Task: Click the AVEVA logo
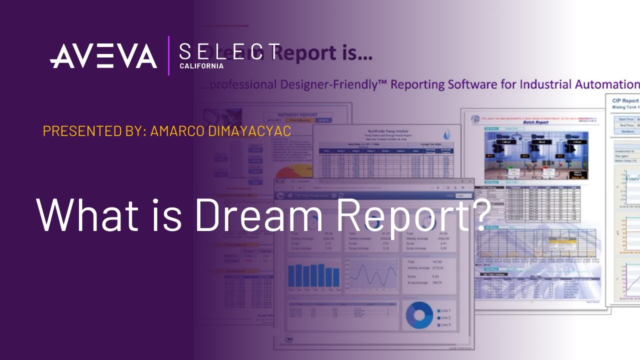[x=103, y=55]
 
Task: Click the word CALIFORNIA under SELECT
[x=201, y=66]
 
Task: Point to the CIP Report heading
[x=625, y=101]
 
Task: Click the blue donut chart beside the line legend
[x=419, y=315]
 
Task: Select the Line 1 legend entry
[x=444, y=310]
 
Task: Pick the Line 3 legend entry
[x=444, y=325]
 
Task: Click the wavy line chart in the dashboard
[x=370, y=276]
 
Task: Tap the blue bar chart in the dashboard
[x=313, y=276]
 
